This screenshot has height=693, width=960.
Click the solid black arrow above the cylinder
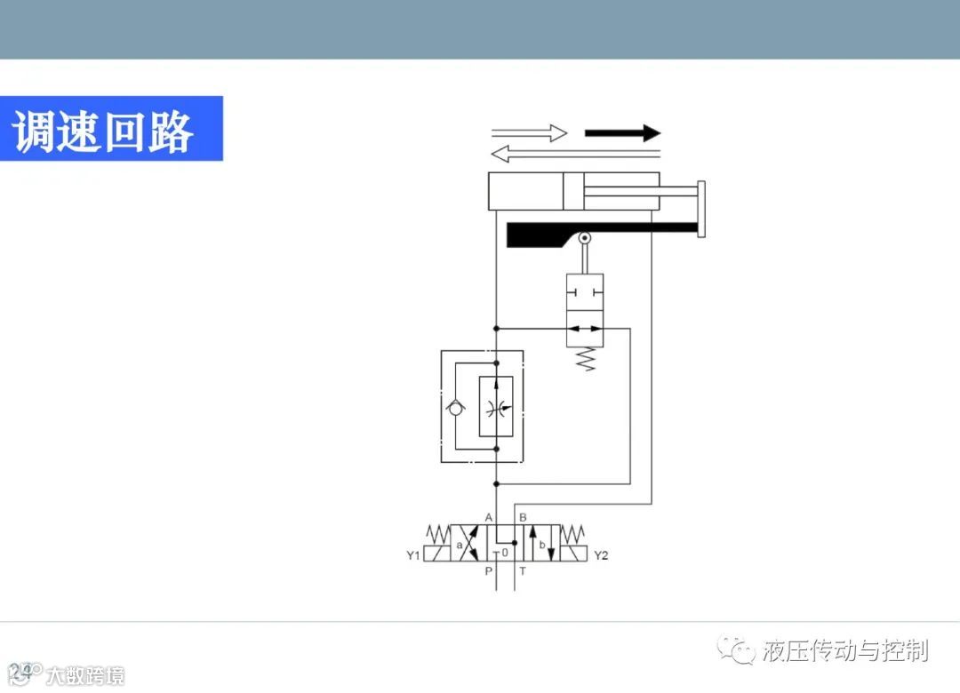(x=622, y=133)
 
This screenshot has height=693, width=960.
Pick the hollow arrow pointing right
(x=529, y=133)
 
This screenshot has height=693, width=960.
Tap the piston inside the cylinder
(x=572, y=191)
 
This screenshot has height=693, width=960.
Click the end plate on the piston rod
(x=701, y=210)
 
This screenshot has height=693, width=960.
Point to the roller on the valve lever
(x=585, y=238)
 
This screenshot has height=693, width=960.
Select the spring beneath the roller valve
(x=585, y=359)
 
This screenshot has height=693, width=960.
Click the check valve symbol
(x=455, y=407)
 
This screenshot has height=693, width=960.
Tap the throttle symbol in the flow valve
(x=496, y=407)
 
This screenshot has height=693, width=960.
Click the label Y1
(x=412, y=556)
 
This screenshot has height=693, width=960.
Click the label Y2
(x=601, y=556)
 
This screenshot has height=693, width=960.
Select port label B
(x=523, y=517)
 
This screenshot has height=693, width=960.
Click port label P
(x=488, y=571)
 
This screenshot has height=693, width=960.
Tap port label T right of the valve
(x=523, y=571)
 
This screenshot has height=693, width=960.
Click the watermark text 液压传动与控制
(x=844, y=650)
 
